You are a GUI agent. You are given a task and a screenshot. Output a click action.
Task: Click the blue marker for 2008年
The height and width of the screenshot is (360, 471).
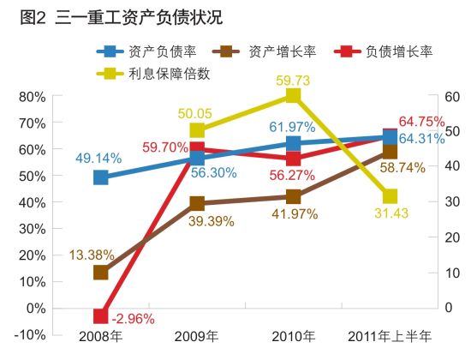(101, 177)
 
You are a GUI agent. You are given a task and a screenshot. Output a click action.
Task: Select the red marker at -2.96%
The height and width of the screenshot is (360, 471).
(101, 316)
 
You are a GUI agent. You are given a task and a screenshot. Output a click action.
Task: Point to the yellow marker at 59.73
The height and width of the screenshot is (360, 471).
(294, 96)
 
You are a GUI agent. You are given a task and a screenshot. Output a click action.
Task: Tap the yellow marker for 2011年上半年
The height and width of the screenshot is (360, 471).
(390, 197)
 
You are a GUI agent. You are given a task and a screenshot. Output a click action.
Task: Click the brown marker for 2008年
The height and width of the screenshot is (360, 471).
(101, 273)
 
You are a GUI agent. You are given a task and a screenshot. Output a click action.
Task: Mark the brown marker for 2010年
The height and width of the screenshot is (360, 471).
(294, 197)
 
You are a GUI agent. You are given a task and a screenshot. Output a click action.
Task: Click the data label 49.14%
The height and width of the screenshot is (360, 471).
(98, 158)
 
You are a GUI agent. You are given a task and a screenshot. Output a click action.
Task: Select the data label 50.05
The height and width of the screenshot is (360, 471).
(197, 112)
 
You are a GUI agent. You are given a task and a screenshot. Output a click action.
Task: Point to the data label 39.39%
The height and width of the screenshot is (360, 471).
(198, 222)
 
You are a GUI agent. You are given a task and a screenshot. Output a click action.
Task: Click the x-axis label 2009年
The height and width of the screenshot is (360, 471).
(197, 335)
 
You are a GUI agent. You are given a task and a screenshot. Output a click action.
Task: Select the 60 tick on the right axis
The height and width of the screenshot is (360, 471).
(451, 96)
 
